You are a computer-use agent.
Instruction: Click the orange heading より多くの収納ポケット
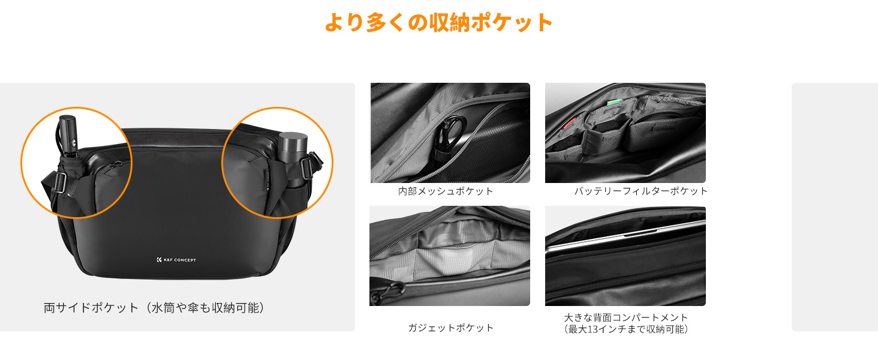438,22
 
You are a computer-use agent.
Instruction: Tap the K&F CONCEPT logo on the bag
176,260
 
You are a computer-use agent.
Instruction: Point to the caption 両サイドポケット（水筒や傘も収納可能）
154,308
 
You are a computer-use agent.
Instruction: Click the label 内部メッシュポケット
446,191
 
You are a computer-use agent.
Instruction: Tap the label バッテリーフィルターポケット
641,191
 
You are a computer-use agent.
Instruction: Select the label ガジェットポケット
450,328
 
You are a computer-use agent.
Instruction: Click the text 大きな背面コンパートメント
626,317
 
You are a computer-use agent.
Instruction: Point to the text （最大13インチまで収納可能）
626,329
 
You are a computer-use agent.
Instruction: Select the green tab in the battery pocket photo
613,102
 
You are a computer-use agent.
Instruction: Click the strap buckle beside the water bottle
306,168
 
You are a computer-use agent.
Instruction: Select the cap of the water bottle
292,142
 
